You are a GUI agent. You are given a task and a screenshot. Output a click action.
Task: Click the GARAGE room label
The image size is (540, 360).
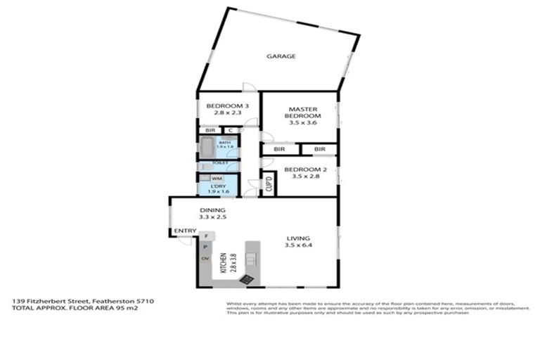[281, 56]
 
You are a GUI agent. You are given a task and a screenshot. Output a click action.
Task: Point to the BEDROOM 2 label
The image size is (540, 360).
[302, 173]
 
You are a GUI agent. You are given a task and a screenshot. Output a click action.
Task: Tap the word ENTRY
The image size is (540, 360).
[185, 231]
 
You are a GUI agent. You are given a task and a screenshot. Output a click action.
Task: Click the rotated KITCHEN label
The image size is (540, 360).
[224, 263]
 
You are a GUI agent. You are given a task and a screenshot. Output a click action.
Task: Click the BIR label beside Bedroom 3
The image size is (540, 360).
[209, 130]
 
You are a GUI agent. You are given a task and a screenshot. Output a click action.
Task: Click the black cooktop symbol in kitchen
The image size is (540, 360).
[246, 278]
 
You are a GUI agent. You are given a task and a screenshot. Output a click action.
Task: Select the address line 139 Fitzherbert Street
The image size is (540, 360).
[83, 301]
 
